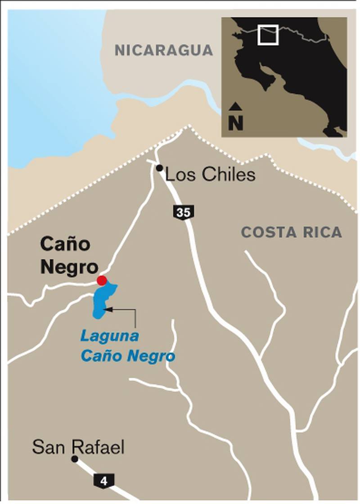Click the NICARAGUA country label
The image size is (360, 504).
tap(164, 50)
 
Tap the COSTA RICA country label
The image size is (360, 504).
tap(292, 233)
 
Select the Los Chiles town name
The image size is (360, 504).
tap(210, 175)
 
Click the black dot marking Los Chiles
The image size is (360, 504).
tap(159, 168)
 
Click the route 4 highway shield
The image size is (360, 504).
tap(104, 481)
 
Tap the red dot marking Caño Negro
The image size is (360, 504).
tap(102, 281)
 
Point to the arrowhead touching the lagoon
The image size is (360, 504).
tap(107, 309)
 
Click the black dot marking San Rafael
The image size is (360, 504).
tap(75, 459)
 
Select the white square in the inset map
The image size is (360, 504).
tap(268, 36)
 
